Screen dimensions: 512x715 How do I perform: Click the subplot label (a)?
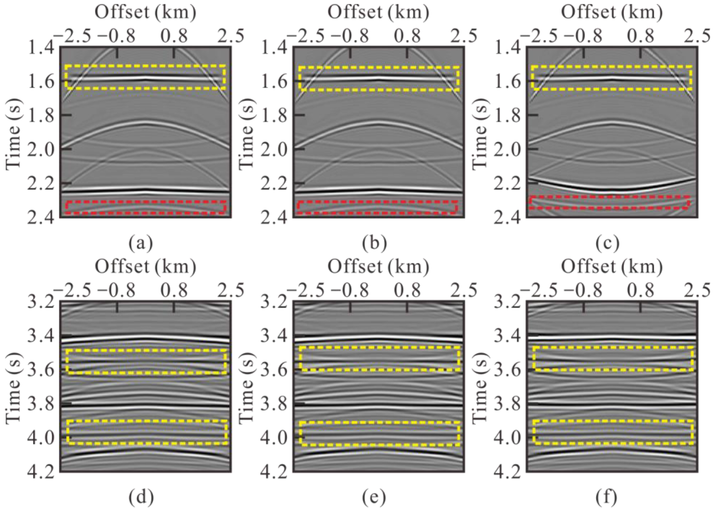click(141, 243)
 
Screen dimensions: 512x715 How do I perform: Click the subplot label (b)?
click(374, 243)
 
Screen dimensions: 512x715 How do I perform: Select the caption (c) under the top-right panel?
click(607, 243)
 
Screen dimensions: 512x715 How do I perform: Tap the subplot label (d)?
click(141, 497)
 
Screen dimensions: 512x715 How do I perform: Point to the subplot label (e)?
click(374, 497)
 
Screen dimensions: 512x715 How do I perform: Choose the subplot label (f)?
click(607, 497)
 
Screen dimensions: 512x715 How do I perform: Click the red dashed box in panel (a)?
click(146, 207)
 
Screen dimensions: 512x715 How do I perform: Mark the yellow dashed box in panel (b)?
click(379, 78)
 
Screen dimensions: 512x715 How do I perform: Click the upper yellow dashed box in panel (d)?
click(146, 362)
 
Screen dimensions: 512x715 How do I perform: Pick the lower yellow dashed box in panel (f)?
click(613, 432)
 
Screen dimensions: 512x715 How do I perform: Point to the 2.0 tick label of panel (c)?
click(508, 149)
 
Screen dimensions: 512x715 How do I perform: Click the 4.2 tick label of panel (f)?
click(508, 472)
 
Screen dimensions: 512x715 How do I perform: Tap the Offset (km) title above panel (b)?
click(378, 12)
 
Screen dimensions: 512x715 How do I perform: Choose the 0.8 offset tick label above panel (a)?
click(174, 36)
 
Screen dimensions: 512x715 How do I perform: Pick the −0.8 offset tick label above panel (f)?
click(583, 290)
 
